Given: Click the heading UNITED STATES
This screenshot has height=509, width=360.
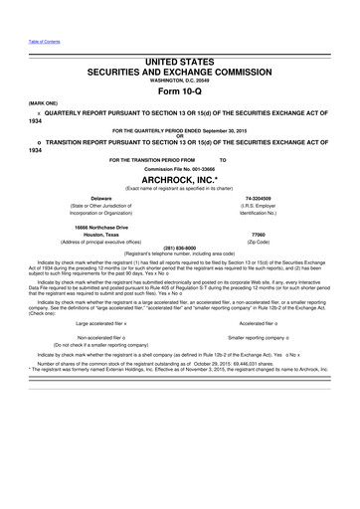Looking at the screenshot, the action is pos(180,63).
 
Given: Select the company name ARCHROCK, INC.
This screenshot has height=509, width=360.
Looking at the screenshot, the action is pos(180,180).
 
